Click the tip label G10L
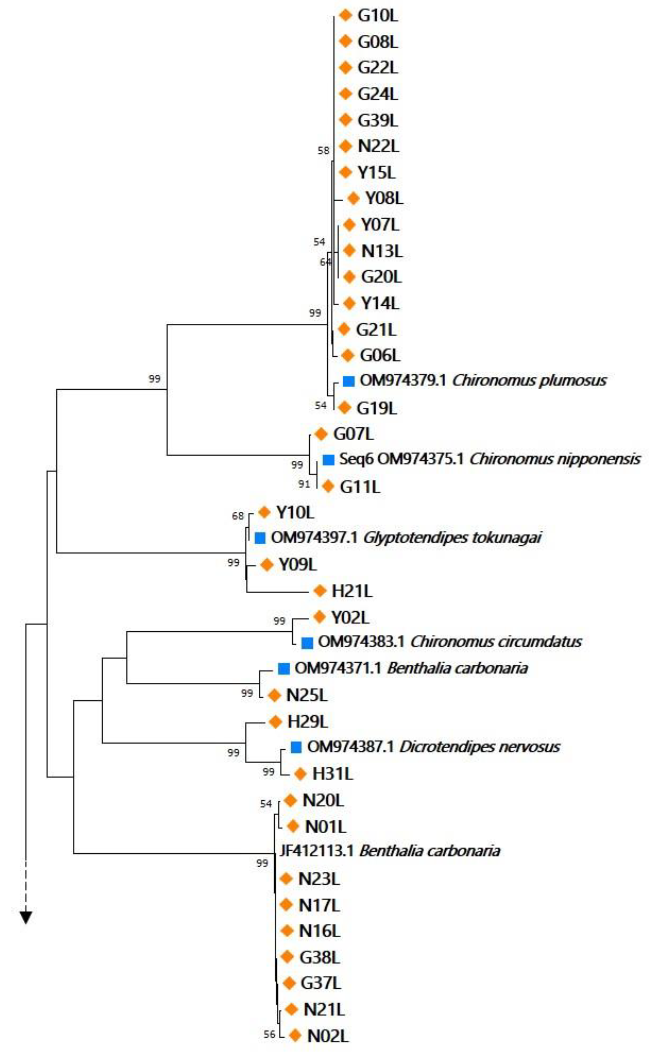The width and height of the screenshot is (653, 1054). (x=378, y=16)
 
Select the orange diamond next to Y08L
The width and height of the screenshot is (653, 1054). (x=353, y=198)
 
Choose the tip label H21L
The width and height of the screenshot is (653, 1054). (x=352, y=591)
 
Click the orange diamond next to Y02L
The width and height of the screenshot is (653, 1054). (x=319, y=617)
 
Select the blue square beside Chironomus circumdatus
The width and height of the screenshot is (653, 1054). (x=307, y=642)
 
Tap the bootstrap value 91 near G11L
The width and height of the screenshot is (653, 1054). (x=304, y=484)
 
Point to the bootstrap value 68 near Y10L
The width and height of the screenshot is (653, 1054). (x=238, y=516)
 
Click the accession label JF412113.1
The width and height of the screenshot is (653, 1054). (x=316, y=852)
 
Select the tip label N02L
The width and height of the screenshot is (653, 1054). (x=327, y=1035)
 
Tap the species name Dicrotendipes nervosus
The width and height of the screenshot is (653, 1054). (x=480, y=747)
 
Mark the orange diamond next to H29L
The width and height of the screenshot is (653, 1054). (x=275, y=721)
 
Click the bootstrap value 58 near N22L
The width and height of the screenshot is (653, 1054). (x=323, y=151)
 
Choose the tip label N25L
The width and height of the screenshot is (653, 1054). (x=307, y=695)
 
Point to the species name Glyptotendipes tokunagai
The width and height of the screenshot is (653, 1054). (x=452, y=538)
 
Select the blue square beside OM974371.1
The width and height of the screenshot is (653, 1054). (x=283, y=669)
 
